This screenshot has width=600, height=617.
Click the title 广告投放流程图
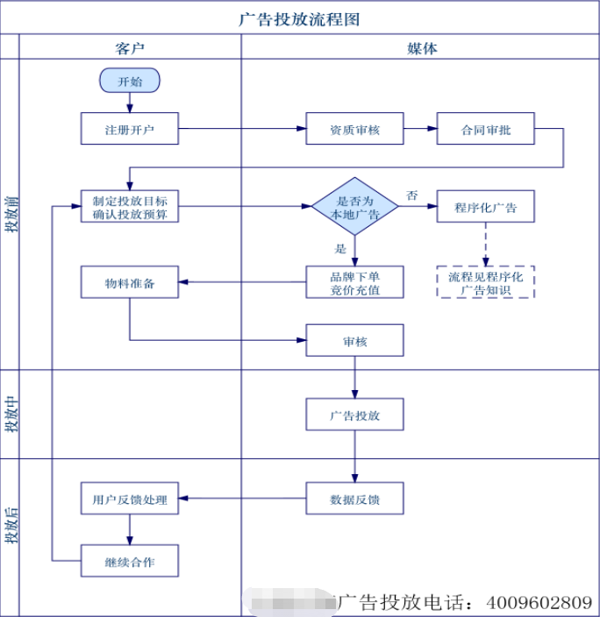coord(299,18)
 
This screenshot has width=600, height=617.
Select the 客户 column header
coord(130,48)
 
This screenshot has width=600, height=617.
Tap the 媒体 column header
coord(421,48)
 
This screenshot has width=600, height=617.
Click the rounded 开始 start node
coord(130,82)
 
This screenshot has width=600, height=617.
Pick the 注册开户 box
coord(130,129)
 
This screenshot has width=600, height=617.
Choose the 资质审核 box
coord(354,129)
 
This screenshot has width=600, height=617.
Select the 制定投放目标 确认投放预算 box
coord(130,207)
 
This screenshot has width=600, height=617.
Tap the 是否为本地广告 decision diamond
coord(354,207)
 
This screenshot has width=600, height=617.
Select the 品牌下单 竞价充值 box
coord(354,282)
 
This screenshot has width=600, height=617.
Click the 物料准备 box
coord(130,282)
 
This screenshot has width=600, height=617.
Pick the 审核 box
coord(354,341)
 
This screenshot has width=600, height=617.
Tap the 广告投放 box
coord(354,414)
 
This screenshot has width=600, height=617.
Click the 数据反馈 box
coord(354,499)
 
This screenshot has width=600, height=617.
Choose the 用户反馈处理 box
coord(130,499)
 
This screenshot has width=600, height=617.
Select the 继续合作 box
coord(130,561)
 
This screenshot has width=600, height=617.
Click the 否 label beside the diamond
coord(411,195)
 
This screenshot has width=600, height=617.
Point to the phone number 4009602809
coord(538,603)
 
